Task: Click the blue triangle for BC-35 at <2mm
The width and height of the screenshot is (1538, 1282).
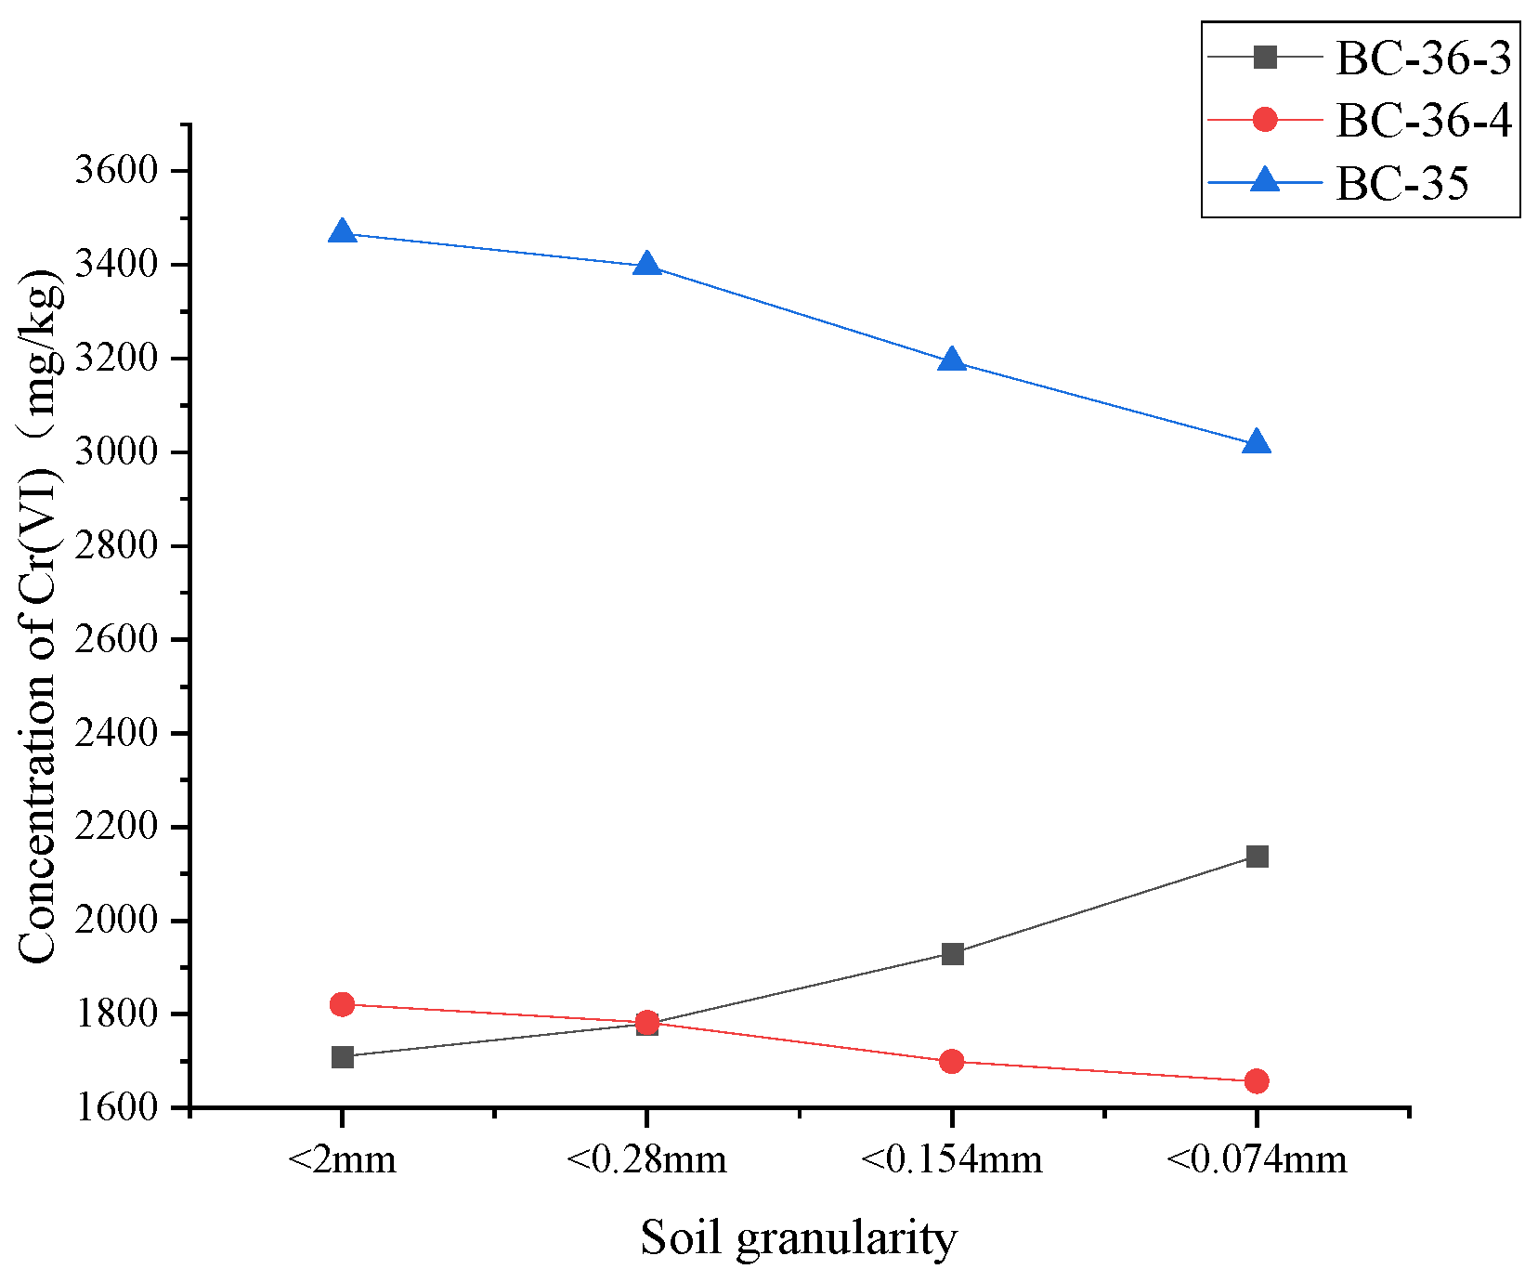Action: tap(343, 231)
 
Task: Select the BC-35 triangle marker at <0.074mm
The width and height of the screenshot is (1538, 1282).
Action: tap(1257, 442)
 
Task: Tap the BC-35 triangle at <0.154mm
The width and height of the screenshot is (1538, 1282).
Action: tap(952, 360)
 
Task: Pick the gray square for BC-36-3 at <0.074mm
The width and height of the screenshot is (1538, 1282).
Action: tap(1257, 857)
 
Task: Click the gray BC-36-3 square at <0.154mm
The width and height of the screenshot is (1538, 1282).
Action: tap(952, 954)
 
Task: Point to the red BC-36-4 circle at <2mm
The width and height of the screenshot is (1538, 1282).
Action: tap(343, 1004)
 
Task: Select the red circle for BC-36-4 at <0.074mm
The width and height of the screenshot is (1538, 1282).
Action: tap(1257, 1081)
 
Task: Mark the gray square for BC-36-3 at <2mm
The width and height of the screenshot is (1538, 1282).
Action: tap(343, 1057)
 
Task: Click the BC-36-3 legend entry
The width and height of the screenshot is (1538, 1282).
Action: tap(1423, 59)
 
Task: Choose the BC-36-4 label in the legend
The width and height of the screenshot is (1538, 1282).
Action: tap(1423, 120)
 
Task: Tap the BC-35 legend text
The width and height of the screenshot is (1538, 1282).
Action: tap(1402, 183)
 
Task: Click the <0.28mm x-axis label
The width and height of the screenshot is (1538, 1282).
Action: tap(646, 1159)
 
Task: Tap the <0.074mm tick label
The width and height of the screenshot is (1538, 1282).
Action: tap(1256, 1159)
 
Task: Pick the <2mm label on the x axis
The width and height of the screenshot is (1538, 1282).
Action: tap(343, 1159)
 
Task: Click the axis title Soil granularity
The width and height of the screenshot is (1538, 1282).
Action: tap(799, 1238)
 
